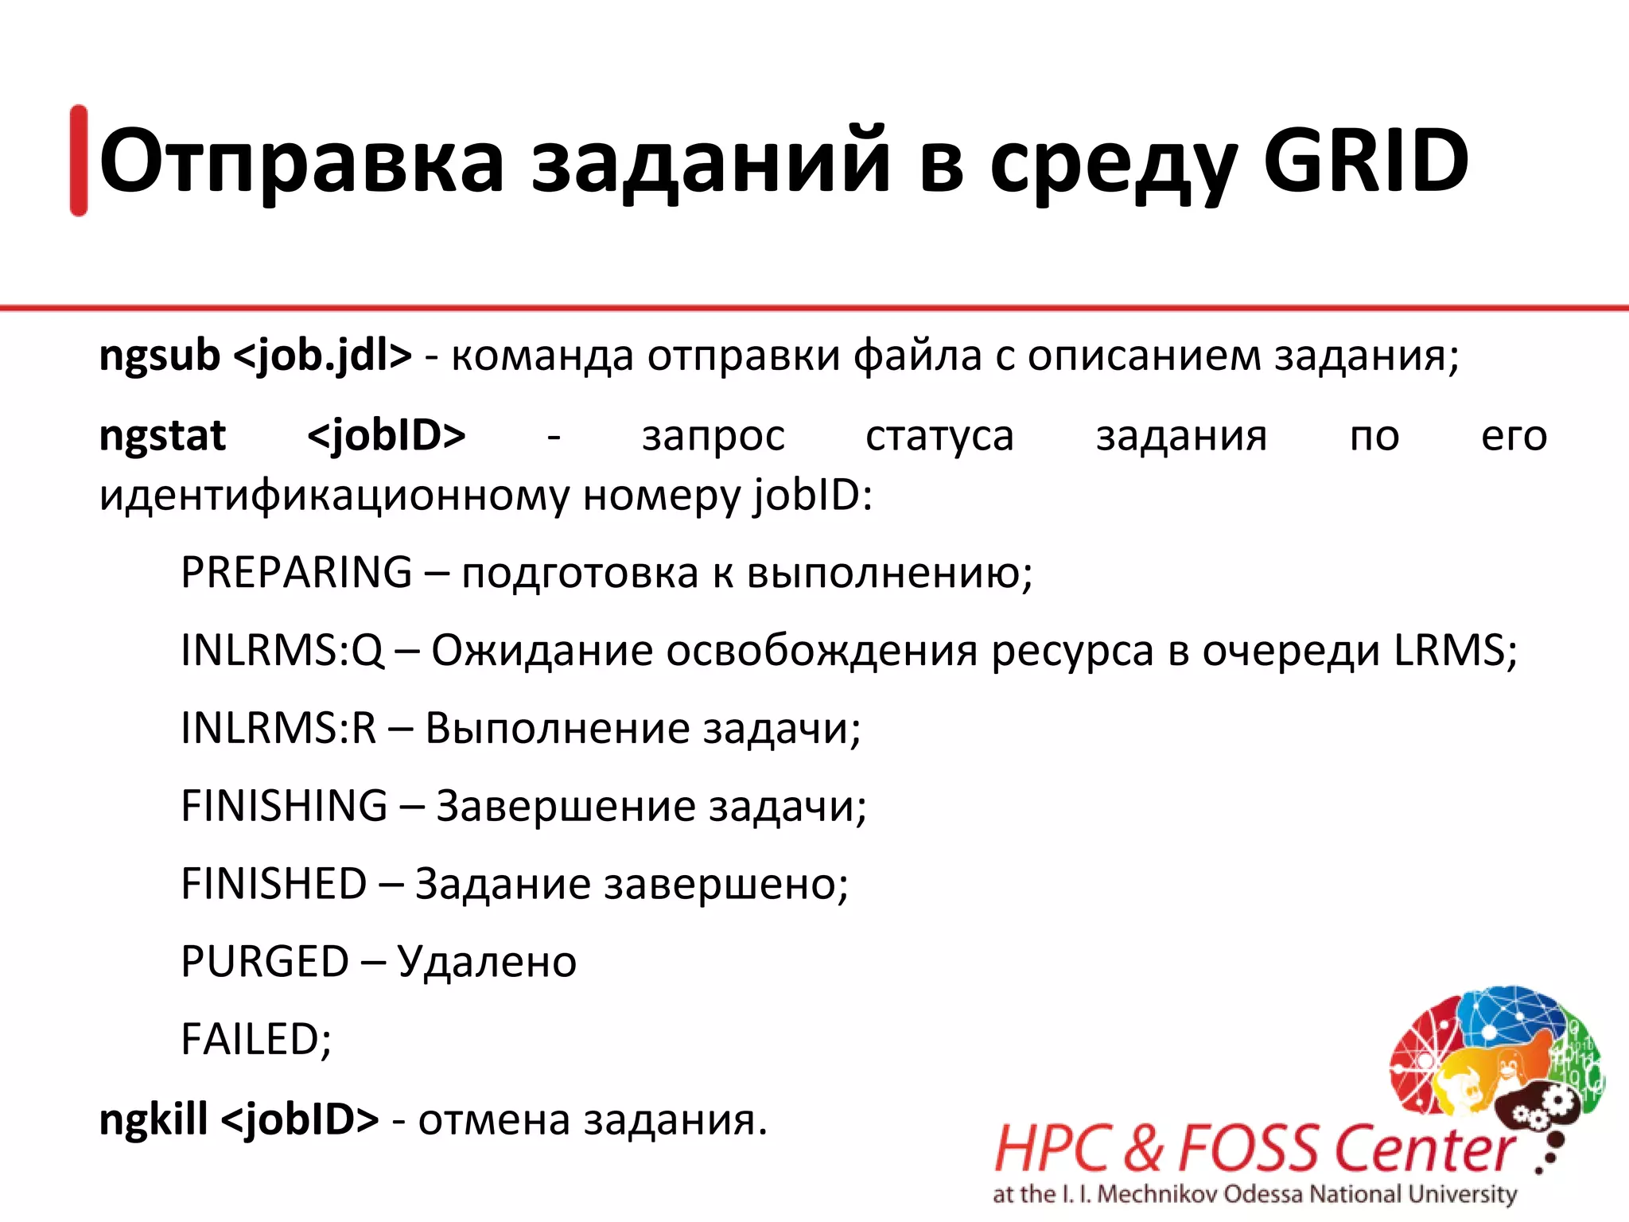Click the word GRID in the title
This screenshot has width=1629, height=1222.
click(1365, 162)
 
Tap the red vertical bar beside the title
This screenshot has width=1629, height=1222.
click(79, 161)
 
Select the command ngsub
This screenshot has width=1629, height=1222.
click(159, 356)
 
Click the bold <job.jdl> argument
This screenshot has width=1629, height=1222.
click(322, 356)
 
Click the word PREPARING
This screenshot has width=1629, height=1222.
click(296, 572)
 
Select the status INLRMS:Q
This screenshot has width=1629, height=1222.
click(282, 650)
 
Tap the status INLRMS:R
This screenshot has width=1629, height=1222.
click(278, 728)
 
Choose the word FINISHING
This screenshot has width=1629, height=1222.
click(284, 806)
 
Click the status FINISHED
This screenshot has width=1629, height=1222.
click(274, 884)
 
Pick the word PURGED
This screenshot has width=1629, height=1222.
click(264, 962)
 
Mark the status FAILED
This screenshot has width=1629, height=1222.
click(255, 1040)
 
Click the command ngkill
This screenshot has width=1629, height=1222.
click(153, 1119)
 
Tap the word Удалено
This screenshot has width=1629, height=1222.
click(486, 962)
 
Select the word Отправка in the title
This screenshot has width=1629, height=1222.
click(301, 162)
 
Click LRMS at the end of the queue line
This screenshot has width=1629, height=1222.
click(1448, 650)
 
